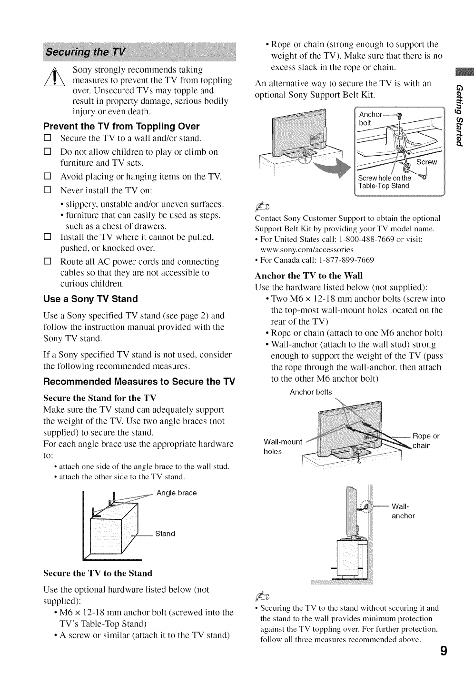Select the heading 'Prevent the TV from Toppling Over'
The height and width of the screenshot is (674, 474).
[121, 127]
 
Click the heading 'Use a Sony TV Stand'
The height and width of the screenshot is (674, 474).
[90, 299]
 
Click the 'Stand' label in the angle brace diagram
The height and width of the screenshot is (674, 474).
[165, 534]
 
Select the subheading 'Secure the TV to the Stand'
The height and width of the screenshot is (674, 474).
[98, 573]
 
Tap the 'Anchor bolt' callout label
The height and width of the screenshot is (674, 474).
[370, 119]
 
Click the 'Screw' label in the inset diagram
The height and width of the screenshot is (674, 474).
[426, 162]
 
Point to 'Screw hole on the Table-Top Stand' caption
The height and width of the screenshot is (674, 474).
[384, 182]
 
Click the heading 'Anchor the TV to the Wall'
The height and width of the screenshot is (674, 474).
[309, 276]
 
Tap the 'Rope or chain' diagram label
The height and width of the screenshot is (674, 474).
[425, 441]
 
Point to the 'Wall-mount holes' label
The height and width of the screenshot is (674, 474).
[282, 446]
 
